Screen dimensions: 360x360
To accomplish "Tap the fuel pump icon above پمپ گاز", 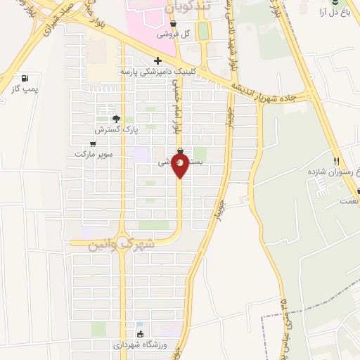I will (x=25, y=78).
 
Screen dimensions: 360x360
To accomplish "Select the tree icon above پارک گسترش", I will (x=116, y=119).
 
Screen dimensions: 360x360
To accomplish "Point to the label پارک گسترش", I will (x=115, y=130).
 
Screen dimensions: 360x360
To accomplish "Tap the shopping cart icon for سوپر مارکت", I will (x=93, y=143).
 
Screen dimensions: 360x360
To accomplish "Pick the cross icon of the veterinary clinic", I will (x=157, y=60).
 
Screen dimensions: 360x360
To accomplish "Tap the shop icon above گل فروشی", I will (x=173, y=23).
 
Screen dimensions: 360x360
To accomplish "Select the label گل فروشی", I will (x=173, y=34).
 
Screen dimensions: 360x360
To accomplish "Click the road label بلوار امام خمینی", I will (x=175, y=109).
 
